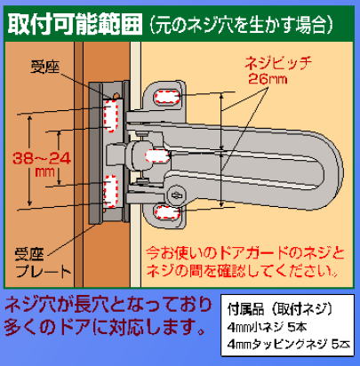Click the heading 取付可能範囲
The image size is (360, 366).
75,23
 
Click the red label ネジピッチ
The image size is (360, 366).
278,64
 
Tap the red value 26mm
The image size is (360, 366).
268,79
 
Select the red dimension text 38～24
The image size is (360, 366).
42,159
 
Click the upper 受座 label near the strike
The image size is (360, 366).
44,68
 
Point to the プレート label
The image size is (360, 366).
44,270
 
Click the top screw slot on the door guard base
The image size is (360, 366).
167,97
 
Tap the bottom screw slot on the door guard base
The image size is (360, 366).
167,212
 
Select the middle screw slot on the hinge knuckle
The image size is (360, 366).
157,155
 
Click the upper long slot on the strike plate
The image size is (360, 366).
110,115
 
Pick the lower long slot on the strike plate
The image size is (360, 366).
110,191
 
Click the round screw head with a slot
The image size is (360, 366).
176,195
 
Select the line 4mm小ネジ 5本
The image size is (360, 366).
267,327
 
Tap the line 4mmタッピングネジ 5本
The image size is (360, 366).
289,345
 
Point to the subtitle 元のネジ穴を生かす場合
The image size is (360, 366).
241,24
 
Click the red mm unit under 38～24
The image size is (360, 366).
45,172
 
